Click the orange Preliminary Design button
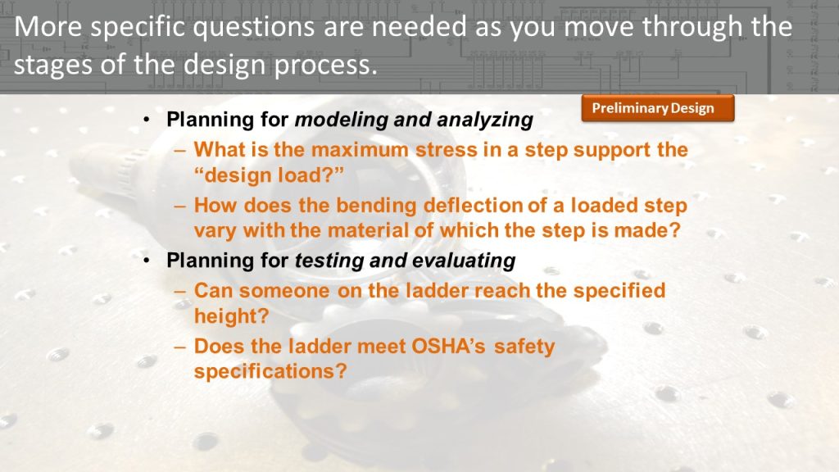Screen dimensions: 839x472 pyautogui.click(x=658, y=108)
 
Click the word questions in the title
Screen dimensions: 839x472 pyautogui.click(x=254, y=27)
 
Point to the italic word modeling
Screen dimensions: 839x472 pyautogui.click(x=342, y=120)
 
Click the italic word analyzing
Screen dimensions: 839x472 pyautogui.click(x=485, y=120)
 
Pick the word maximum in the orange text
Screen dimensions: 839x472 pyautogui.click(x=360, y=150)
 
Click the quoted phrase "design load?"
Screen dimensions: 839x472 pyautogui.click(x=269, y=175)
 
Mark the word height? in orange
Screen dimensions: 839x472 pyautogui.click(x=231, y=317)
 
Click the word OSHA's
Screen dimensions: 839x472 pyautogui.click(x=448, y=347)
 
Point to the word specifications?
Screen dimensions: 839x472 pyautogui.click(x=270, y=372)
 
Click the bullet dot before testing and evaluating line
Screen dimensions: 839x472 pyautogui.click(x=147, y=261)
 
